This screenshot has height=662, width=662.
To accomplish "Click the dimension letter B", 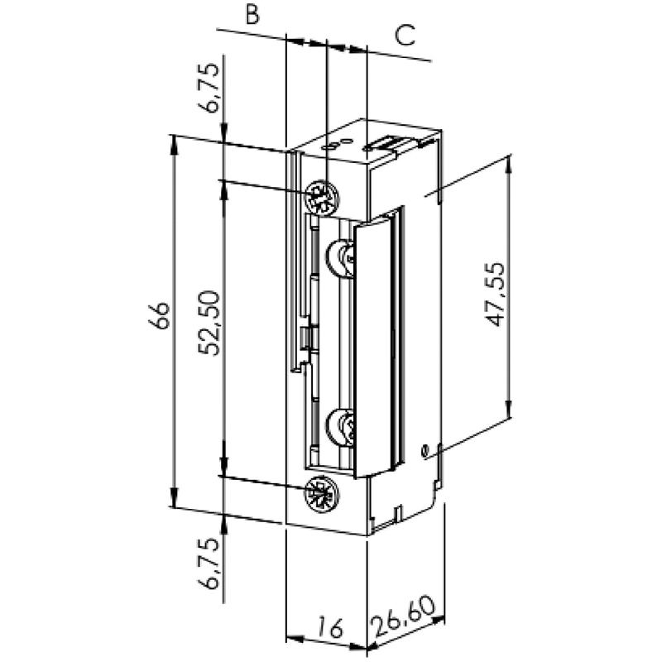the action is coord(252,14).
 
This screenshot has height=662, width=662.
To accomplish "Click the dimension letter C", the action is coord(405,35).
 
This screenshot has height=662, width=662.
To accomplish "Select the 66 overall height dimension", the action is coord(160,315).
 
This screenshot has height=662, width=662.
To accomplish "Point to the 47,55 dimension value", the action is coord(494,295).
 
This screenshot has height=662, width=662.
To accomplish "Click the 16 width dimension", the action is coord(330,626).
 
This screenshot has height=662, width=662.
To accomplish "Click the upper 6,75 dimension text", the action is coord(210,88).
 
